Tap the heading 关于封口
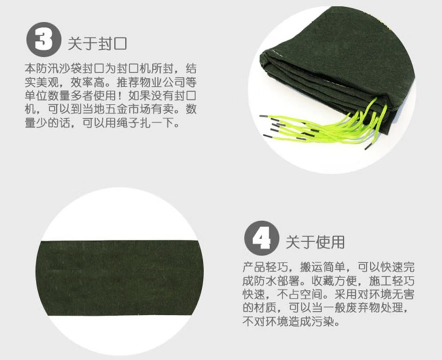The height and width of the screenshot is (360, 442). [x=98, y=44]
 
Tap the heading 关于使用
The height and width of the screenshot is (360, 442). [x=315, y=242]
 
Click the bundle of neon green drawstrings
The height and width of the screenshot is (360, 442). [x=322, y=124]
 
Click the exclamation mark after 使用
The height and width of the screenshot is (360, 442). [x=122, y=96]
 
